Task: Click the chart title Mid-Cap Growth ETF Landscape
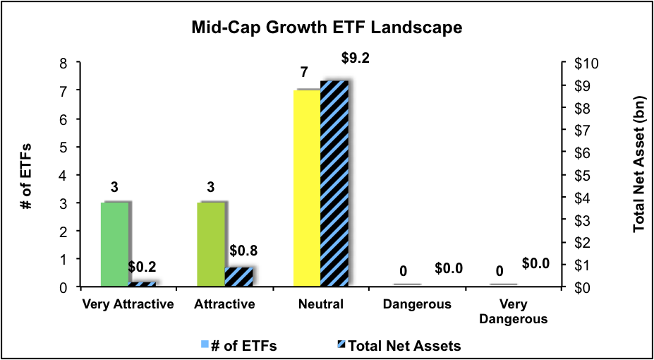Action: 327,28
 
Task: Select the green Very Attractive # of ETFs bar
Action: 114,244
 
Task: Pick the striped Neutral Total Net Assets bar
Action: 334,184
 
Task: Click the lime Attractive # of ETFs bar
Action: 211,244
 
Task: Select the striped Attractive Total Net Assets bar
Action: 238,277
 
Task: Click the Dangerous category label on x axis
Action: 417,305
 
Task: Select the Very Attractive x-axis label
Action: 128,305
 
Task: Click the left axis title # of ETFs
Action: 27,175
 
